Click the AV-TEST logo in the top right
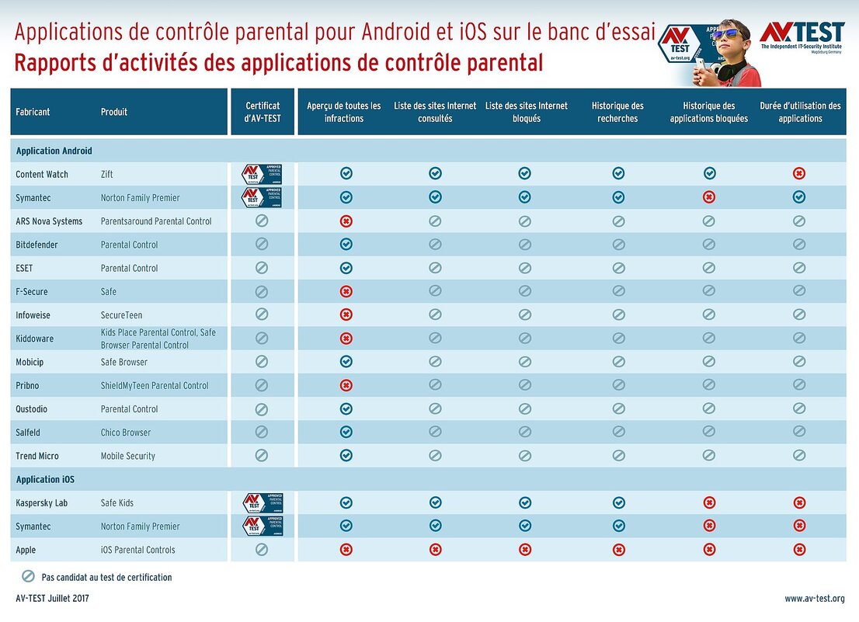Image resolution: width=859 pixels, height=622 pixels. (x=802, y=35)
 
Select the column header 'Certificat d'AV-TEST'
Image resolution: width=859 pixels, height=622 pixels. (x=263, y=112)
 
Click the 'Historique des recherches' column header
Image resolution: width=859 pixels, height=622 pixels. (x=617, y=112)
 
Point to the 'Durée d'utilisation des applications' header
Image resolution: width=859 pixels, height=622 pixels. (x=800, y=112)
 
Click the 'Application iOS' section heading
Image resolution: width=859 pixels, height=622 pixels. (x=45, y=479)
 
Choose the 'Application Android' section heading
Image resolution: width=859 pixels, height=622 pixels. (x=54, y=151)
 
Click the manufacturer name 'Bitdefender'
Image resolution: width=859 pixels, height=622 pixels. (x=37, y=245)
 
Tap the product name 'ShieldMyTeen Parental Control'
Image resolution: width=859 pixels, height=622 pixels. (x=154, y=385)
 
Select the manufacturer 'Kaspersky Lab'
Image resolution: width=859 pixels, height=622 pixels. (x=41, y=502)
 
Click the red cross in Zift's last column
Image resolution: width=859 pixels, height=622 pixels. (x=799, y=174)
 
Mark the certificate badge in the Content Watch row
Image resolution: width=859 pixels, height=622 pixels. (x=262, y=174)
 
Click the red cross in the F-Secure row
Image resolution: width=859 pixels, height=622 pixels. (x=346, y=291)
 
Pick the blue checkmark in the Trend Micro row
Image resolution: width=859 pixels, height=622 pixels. (x=346, y=456)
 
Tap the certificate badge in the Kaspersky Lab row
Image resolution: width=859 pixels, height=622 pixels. (x=263, y=502)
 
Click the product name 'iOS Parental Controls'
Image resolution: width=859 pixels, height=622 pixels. (x=137, y=550)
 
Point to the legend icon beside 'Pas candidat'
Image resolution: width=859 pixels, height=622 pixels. (x=28, y=577)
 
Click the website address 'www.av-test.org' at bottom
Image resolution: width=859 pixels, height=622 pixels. (x=814, y=599)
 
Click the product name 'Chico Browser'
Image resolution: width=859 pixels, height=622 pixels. (x=126, y=433)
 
